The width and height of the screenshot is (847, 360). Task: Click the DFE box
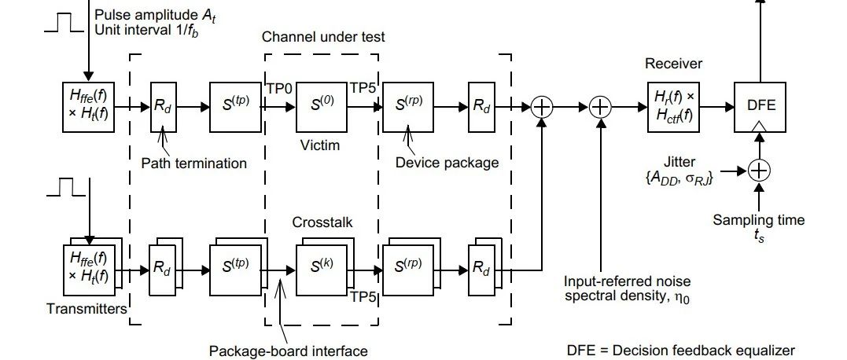tap(759, 105)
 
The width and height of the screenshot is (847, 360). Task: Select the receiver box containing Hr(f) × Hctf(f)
tap(673, 105)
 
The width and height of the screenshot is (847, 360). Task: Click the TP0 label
tap(279, 89)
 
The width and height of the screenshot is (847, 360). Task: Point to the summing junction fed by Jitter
tap(759, 170)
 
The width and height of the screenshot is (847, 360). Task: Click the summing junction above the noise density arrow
tap(601, 106)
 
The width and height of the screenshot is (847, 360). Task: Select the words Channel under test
tap(323, 37)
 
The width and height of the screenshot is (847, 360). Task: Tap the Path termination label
tap(193, 163)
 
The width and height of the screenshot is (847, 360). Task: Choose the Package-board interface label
tap(289, 351)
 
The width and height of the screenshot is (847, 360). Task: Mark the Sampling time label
tap(759, 220)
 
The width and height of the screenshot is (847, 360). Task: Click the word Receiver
tap(673, 63)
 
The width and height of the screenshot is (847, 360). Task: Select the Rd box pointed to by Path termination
tap(163, 106)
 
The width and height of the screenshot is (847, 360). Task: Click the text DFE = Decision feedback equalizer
tap(681, 351)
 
